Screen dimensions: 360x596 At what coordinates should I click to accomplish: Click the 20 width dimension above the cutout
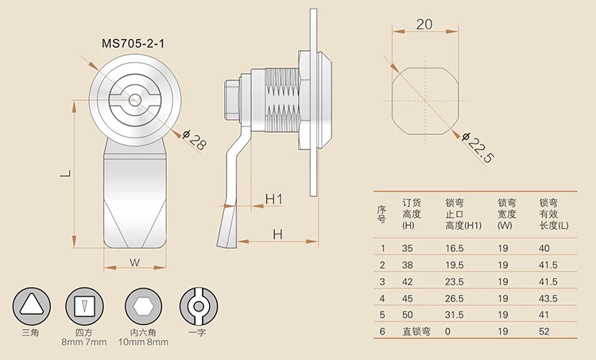(x=424, y=25)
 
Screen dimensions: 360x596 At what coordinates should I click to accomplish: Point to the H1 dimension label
(x=274, y=199)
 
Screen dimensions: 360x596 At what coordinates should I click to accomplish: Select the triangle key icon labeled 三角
(x=33, y=306)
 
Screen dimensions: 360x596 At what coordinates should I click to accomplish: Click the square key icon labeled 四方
(x=82, y=306)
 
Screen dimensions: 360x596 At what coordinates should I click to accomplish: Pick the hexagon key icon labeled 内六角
(x=143, y=306)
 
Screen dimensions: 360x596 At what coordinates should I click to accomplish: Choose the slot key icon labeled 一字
(x=196, y=306)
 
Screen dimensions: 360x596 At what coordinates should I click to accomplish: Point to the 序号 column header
(x=381, y=214)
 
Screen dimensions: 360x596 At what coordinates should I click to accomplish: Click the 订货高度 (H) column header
(x=412, y=214)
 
